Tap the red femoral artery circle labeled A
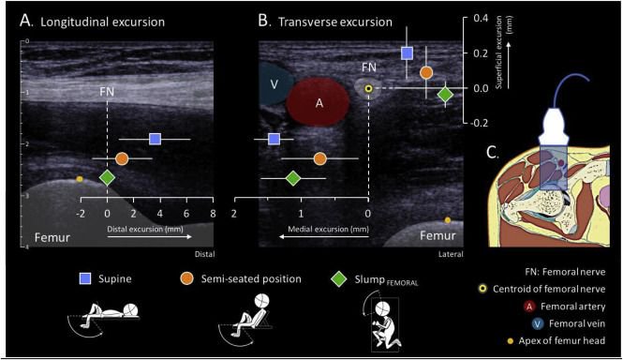(319, 103)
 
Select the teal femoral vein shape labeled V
(274, 83)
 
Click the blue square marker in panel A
(155, 139)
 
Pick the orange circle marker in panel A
(122, 158)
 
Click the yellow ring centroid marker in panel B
(369, 89)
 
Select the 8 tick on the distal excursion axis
(213, 214)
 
